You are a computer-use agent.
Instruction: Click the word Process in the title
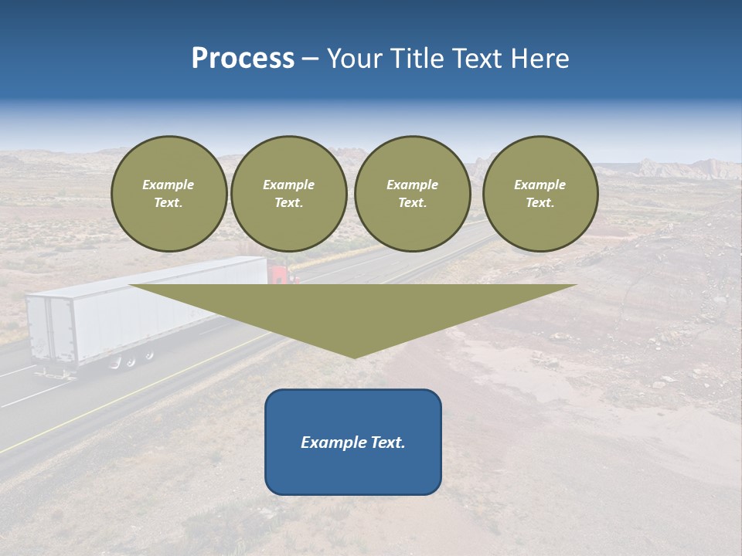pos(243,59)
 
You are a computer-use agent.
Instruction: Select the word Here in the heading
pos(539,59)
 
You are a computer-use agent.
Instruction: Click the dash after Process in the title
pos(310,59)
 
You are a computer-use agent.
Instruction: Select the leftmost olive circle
pos(169,194)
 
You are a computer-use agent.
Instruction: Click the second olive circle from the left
pos(289,194)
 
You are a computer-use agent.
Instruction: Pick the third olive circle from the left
pos(413,194)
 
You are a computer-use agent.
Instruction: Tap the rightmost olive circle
pos(540,194)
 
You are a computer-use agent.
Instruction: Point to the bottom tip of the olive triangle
pos(353,356)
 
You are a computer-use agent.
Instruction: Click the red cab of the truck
pos(281,273)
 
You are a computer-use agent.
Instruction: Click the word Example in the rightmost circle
pos(540,185)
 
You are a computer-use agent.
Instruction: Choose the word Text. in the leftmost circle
pos(168,203)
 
